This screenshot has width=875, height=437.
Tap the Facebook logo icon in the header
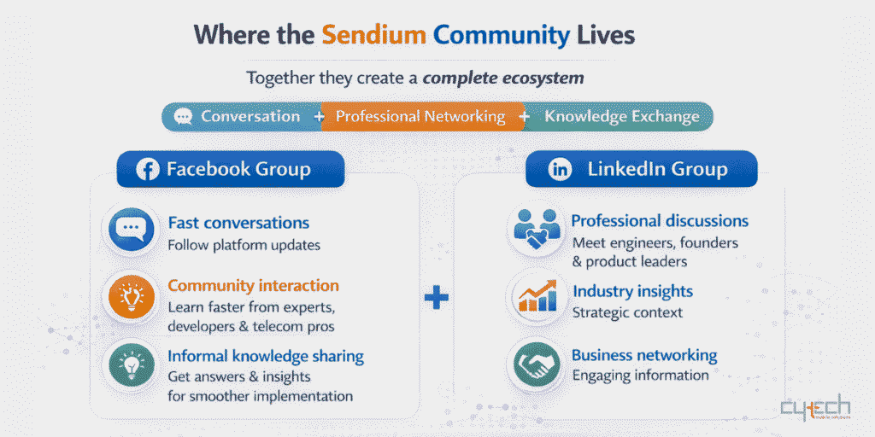point(147,169)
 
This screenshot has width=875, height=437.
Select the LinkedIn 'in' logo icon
point(560,169)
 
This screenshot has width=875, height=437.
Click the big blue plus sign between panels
point(437,298)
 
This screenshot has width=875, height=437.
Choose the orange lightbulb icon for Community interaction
point(130,297)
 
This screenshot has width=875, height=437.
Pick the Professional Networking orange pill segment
point(420,117)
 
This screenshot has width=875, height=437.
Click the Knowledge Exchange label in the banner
point(621,117)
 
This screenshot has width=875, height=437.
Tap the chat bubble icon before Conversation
point(183,117)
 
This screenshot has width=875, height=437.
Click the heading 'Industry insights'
point(632,291)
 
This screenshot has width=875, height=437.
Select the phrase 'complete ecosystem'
point(503,79)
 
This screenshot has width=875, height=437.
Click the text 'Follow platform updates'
point(244,245)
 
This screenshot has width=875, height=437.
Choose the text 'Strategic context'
point(627,312)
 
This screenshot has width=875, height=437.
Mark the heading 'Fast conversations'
point(238,223)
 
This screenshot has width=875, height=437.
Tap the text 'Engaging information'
point(640,376)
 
